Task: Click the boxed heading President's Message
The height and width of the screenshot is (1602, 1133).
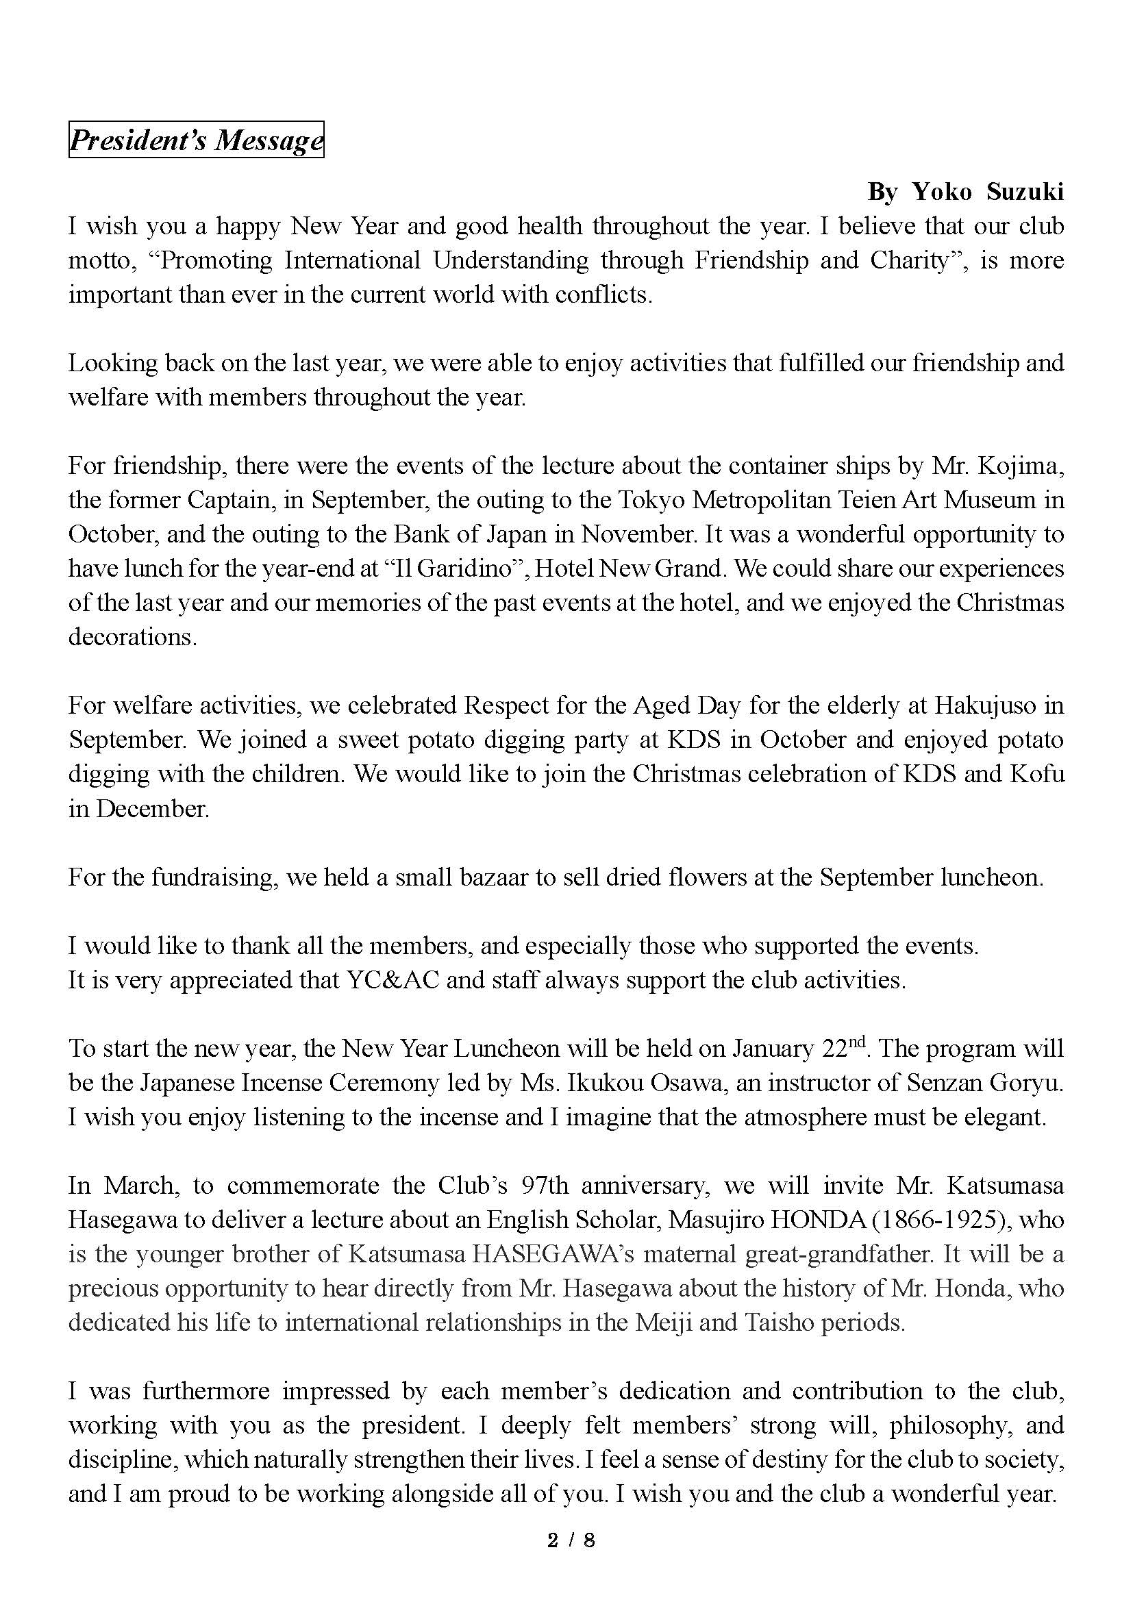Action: click(196, 140)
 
